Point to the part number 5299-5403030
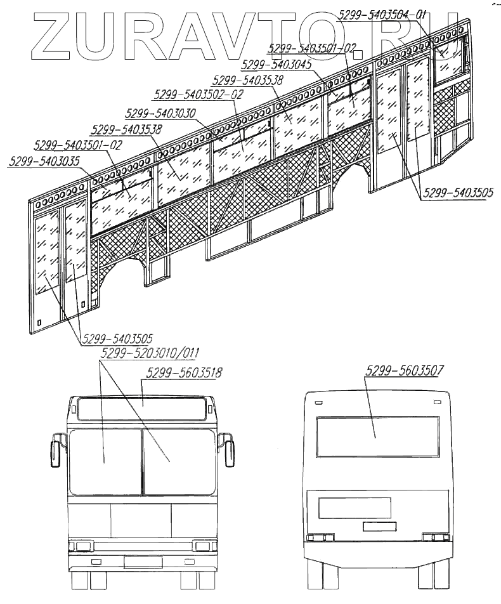[160, 114]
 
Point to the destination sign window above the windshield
[141, 409]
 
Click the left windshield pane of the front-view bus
[105, 462]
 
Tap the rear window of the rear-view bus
[377, 437]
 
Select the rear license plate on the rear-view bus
[379, 526]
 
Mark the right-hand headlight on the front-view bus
[204, 546]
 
